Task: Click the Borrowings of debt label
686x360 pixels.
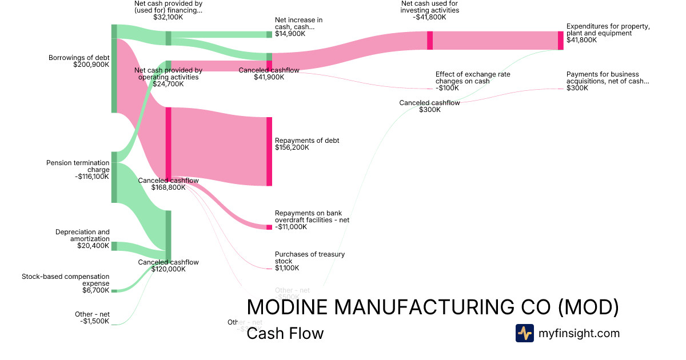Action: [79, 58]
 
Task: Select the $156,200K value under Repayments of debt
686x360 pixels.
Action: [292, 147]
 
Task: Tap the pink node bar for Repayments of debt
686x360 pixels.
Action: [269, 151]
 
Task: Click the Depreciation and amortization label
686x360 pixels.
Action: [82, 235]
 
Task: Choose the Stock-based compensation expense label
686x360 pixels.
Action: [66, 280]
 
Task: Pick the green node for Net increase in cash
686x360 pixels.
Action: [269, 34]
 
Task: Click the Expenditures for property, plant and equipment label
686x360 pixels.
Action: [608, 30]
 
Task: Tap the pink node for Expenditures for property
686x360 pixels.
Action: [561, 41]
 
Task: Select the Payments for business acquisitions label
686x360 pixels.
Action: [608, 78]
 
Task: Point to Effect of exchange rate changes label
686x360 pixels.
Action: [473, 78]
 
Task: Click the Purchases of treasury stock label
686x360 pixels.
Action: [310, 258]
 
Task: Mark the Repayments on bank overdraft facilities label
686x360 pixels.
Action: [312, 217]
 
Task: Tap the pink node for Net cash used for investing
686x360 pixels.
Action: [430, 41]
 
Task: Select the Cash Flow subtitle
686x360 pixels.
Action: [285, 334]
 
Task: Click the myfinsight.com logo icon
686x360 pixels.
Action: [524, 333]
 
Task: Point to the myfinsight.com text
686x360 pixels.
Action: [579, 333]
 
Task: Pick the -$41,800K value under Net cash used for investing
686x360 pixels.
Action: [429, 17]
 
